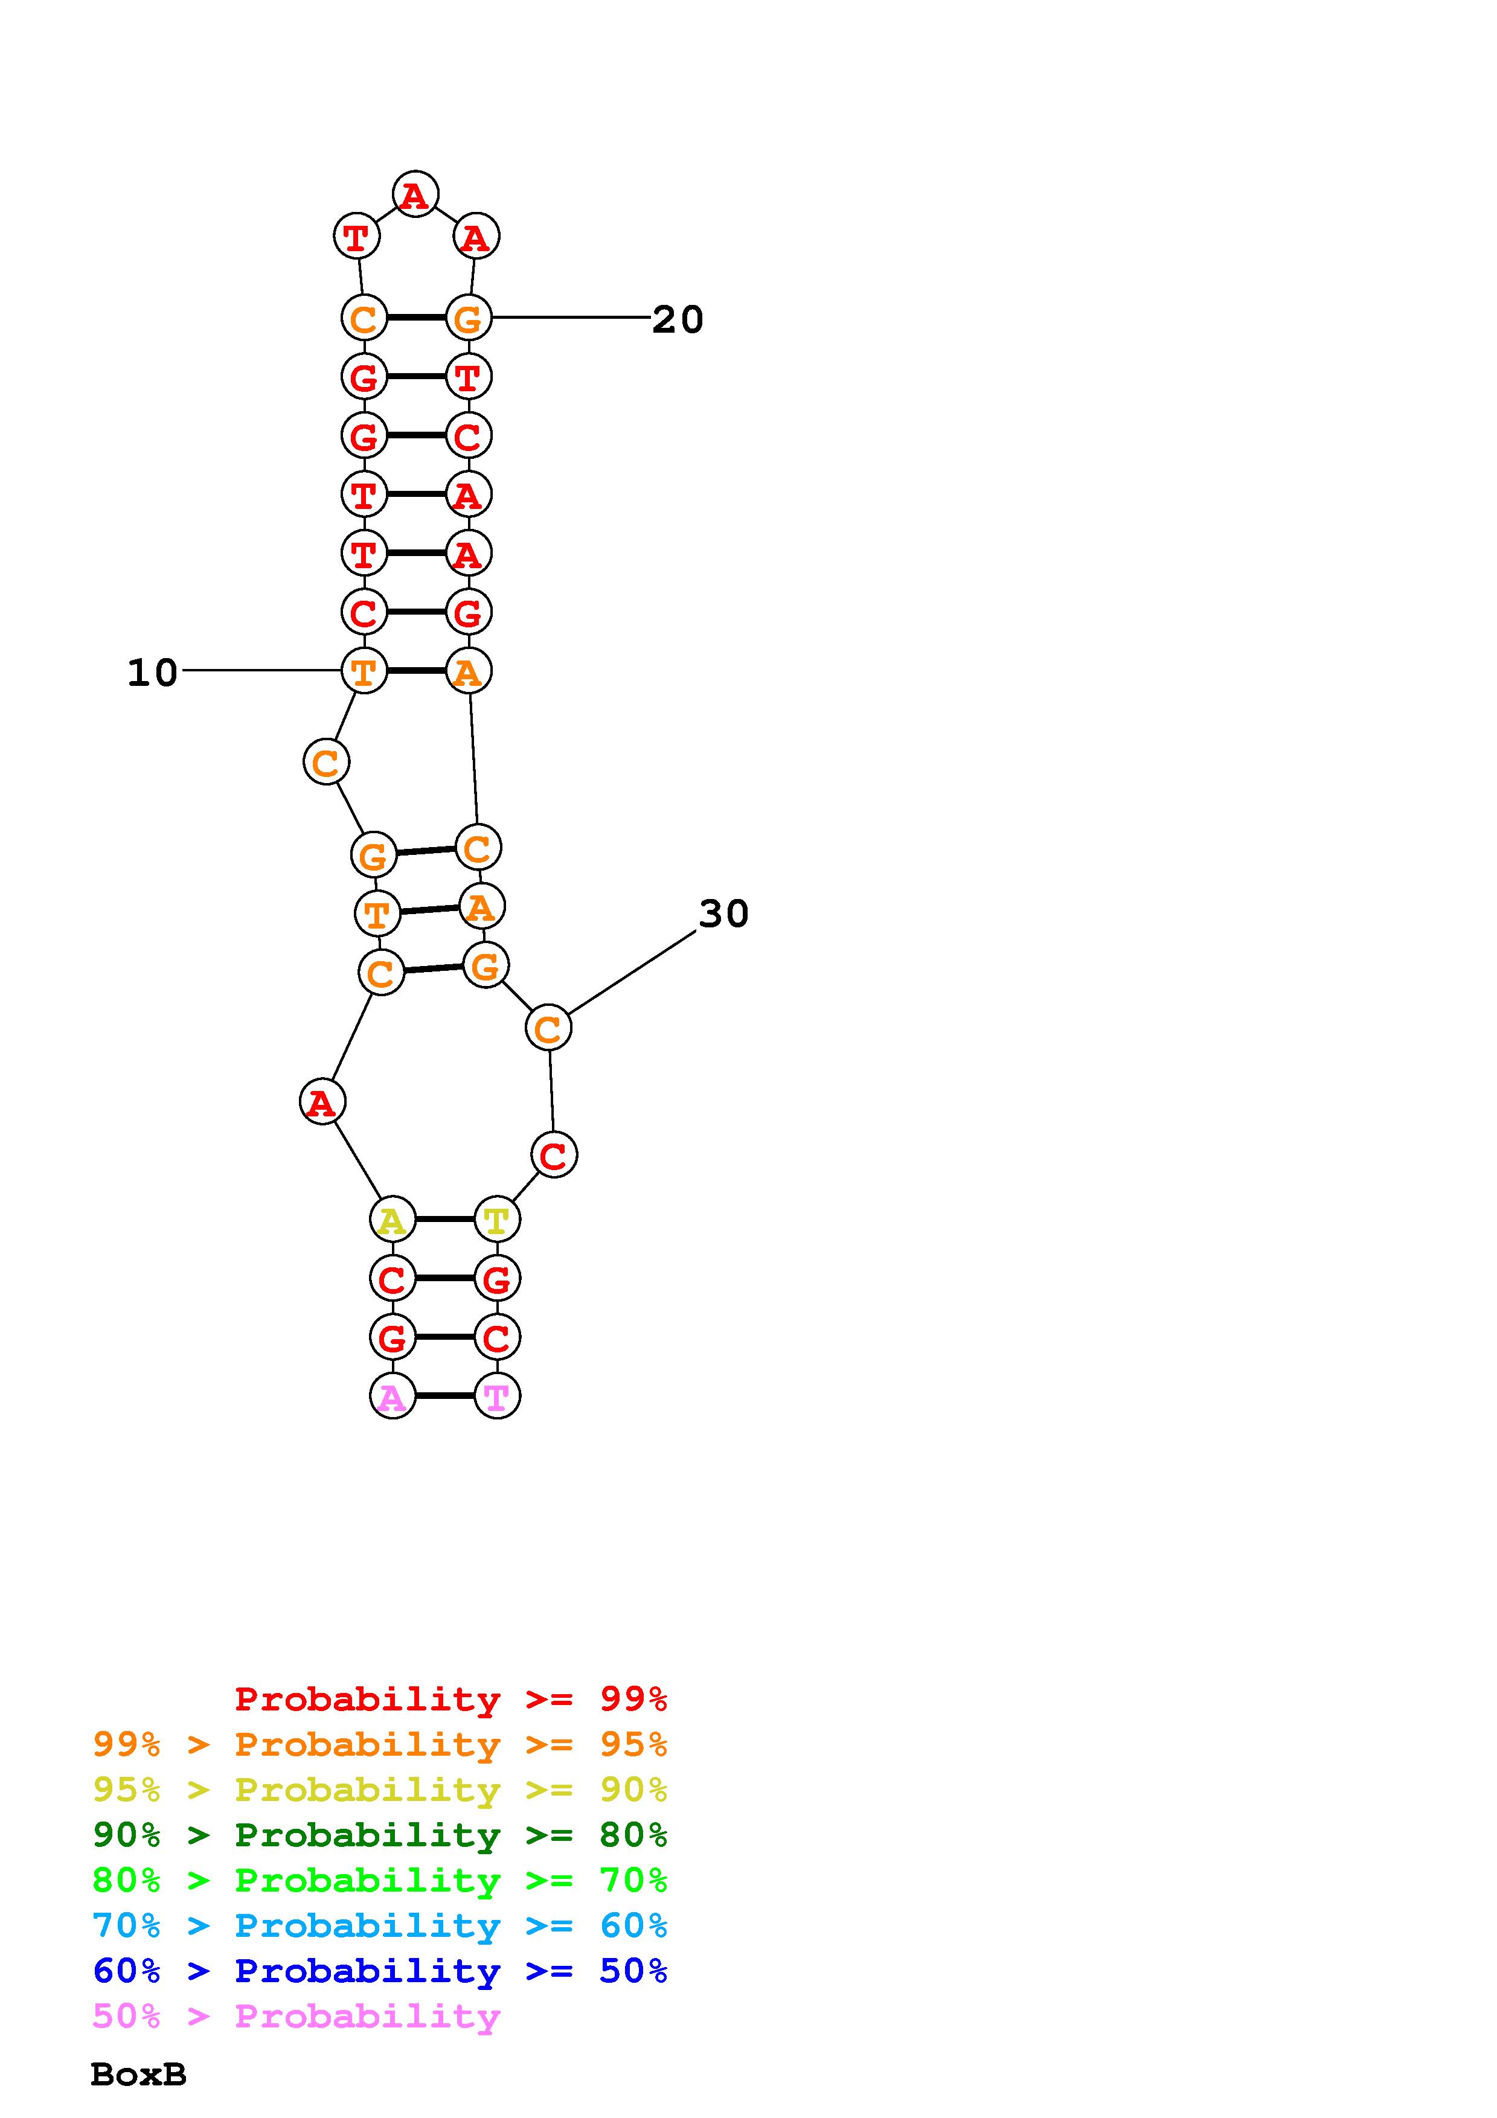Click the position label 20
678,319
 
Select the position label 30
724,913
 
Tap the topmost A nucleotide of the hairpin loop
415,194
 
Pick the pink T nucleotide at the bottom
497,1396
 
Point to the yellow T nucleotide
497,1220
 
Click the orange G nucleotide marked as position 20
469,318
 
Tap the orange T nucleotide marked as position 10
364,671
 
